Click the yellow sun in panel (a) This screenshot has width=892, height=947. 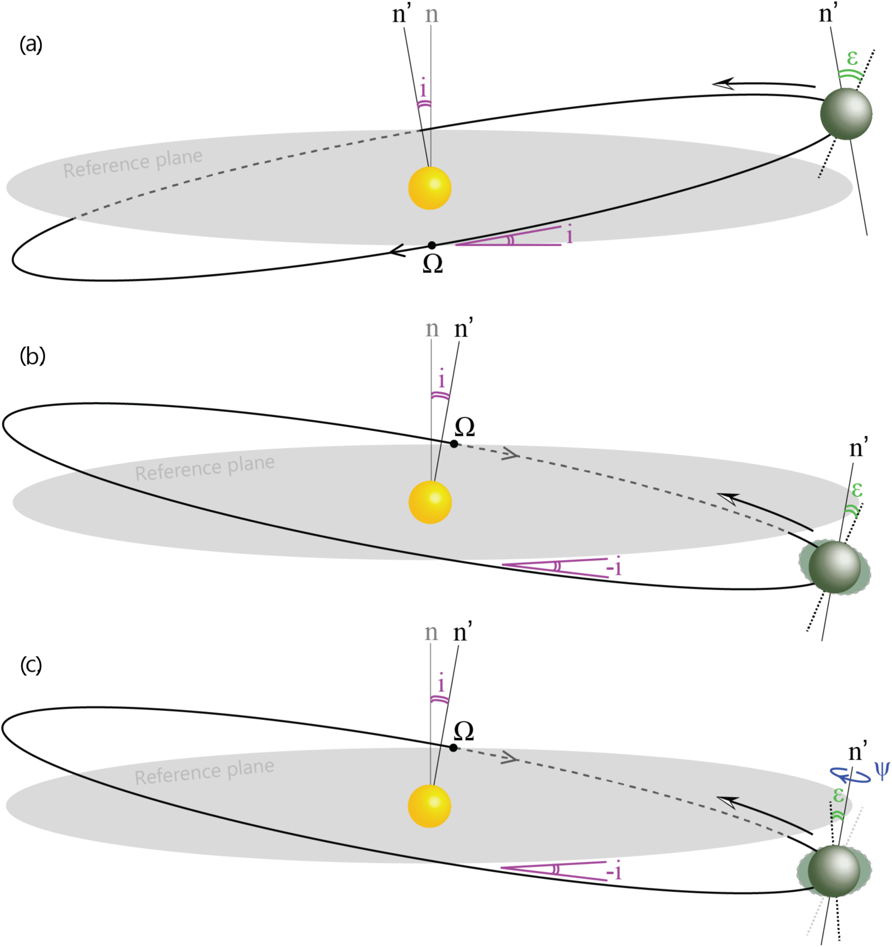pos(429,188)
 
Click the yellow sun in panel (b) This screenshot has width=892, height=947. pos(430,502)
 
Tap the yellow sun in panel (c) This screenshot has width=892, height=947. pos(429,806)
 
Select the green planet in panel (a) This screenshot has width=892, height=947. pos(846,113)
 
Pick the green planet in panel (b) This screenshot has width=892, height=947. pos(835,567)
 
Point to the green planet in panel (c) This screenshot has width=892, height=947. pos(833,871)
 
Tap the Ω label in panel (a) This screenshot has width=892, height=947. pos(433,264)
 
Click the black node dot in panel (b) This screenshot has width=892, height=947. pos(454,444)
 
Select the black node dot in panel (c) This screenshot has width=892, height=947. pos(453,748)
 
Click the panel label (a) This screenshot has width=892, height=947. pos(31,44)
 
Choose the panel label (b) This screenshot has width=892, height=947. pos(32,355)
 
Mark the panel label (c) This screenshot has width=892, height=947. pos(31,665)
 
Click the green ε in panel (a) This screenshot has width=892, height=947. pos(852,57)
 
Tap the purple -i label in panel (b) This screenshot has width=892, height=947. pos(613,568)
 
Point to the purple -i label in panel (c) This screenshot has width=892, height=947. pos(613,871)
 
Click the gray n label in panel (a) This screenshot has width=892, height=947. pos(432,15)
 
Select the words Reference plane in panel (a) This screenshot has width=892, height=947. pos(133,163)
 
